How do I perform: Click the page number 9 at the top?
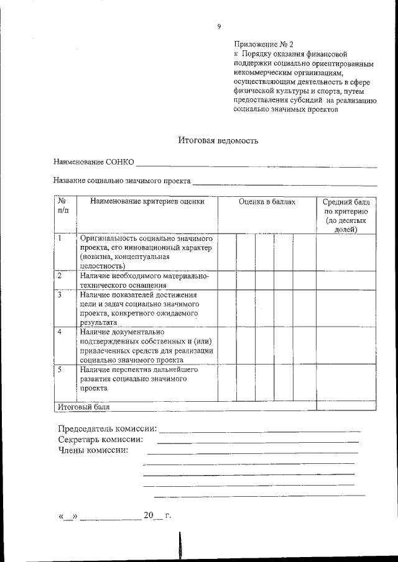point(219,26)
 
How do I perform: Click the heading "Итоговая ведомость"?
point(218,140)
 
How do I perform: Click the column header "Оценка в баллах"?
point(267,202)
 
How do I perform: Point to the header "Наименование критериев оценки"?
point(147,202)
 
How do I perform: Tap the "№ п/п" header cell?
point(63,206)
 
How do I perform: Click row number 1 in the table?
point(60,238)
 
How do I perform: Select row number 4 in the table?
point(60,332)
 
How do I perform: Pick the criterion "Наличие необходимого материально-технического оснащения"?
point(144,280)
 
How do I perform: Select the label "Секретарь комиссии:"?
point(100,440)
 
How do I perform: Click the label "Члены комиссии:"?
point(93,450)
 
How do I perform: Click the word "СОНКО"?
point(120,162)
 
